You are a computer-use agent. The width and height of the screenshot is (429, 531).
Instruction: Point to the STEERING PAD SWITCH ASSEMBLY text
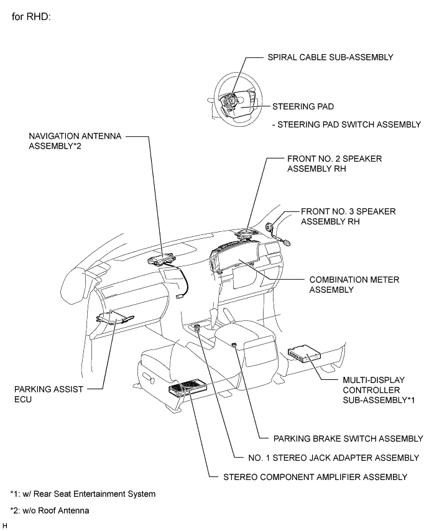coord(348,125)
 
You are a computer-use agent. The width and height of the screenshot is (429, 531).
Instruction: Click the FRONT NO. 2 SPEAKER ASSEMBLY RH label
coord(334,164)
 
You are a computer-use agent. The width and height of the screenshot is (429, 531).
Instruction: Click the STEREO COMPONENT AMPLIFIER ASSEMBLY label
coord(315,478)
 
